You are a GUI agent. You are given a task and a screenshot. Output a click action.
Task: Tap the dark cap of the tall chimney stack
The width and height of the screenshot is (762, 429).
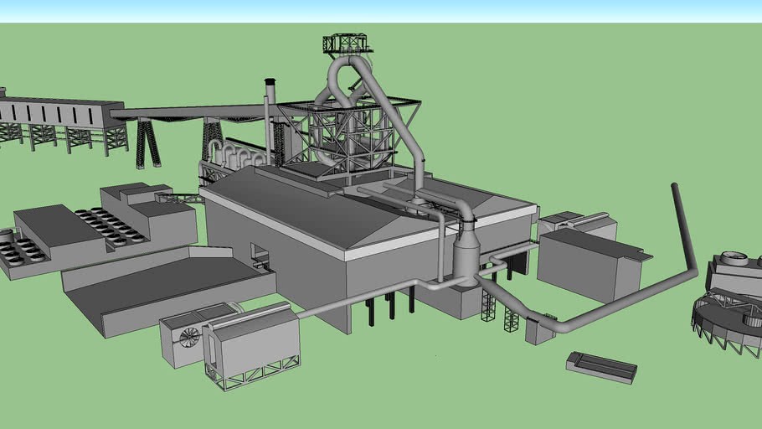(270, 83)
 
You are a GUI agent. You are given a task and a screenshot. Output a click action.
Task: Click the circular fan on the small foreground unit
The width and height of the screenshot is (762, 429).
(190, 337)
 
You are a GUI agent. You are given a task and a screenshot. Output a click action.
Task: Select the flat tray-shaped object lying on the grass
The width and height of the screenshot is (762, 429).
(601, 366)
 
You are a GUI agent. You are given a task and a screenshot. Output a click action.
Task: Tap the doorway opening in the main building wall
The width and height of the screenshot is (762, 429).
(260, 255)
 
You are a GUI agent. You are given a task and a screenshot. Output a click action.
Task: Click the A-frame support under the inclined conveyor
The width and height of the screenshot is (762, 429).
(148, 144)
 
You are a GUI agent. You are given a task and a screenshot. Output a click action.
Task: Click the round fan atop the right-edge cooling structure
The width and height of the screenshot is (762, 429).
(734, 258)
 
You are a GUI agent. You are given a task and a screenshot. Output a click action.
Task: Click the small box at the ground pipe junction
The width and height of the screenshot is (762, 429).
(538, 331)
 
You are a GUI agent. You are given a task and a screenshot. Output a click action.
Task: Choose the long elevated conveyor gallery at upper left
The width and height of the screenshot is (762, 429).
(59, 113)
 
